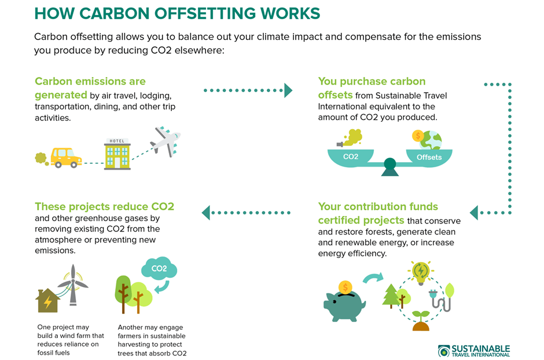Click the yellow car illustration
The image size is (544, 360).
[66, 158]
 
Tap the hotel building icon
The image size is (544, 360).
[117, 154]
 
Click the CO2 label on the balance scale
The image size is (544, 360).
[351, 157]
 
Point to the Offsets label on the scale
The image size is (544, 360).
[429, 157]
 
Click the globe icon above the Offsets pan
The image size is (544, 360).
[431, 140]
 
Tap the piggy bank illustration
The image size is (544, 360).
[344, 305]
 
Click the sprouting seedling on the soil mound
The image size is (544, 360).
[421, 321]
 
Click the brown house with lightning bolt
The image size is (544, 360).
[47, 301]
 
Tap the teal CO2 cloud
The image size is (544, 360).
[159, 268]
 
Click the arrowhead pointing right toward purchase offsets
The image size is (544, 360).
[288, 90]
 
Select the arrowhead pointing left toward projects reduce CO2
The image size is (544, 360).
[206, 212]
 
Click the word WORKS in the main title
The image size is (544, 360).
[290, 13]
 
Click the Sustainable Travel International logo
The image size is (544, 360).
[474, 351]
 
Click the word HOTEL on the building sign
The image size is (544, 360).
[117, 141]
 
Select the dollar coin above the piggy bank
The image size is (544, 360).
[345, 287]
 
